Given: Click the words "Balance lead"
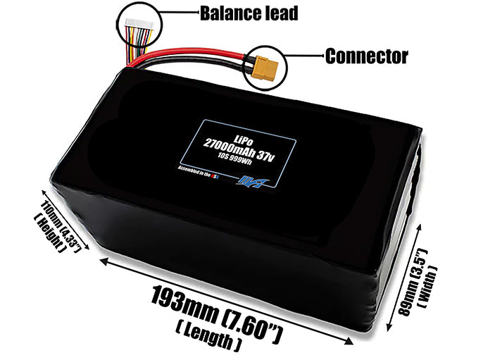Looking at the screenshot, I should click(x=239, y=13).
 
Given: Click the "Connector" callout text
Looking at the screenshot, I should click(x=366, y=56).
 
